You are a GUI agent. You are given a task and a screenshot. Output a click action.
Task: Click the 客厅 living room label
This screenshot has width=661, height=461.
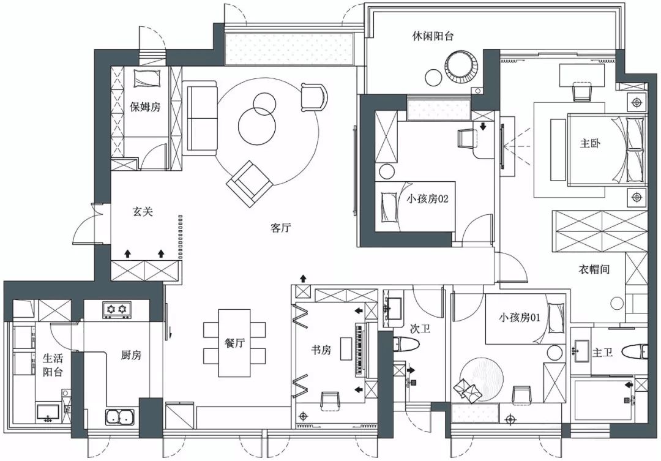coord(280,228)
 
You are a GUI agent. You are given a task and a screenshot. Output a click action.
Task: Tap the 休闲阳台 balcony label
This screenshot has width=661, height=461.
coord(433,36)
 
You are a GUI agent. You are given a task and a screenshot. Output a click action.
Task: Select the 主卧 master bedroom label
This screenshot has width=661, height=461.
coord(590,143)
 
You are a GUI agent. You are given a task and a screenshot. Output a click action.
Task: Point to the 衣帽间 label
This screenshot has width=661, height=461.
coord(594,269)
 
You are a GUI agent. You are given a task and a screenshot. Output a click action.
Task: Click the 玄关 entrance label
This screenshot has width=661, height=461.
coord(143,211)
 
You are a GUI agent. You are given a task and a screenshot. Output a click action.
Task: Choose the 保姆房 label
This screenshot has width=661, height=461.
coord(145,107)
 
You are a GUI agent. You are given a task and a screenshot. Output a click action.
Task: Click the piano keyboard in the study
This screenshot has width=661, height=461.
coord(360,350)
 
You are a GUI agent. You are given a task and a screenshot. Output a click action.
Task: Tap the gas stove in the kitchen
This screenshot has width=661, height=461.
coord(116,310)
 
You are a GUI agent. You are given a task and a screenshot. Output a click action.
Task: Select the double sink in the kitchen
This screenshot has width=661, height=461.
coord(120,417)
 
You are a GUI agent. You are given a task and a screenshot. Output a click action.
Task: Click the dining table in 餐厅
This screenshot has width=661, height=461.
coord(234,343)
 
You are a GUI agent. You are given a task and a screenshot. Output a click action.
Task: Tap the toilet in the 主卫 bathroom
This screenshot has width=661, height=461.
coord(635,352)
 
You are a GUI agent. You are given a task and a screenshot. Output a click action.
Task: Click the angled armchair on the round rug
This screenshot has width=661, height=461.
coord(249,184)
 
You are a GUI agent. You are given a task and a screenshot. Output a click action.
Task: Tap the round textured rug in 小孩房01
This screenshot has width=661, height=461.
coord(482,379)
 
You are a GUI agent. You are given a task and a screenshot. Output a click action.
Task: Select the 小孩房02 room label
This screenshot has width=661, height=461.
coord(427,198)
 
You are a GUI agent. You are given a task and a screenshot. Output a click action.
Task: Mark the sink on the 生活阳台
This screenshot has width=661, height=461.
coord(48,411)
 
